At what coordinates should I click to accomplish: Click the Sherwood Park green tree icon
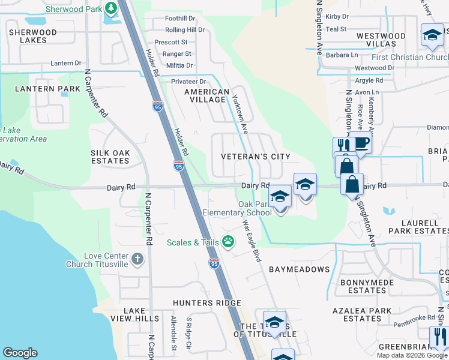[110, 8]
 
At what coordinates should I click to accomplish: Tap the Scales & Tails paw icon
[228, 242]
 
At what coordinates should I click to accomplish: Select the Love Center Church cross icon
[137, 259]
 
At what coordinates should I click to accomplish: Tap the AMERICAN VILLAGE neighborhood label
[206, 96]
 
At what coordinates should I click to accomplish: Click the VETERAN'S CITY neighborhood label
[255, 157]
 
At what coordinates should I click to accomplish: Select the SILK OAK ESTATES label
[110, 157]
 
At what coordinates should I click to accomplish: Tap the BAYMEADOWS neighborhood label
[299, 269]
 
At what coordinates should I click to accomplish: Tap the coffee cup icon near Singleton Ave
[362, 143]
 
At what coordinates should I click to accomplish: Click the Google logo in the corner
[20, 353]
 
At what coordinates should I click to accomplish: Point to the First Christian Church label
[409, 57]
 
